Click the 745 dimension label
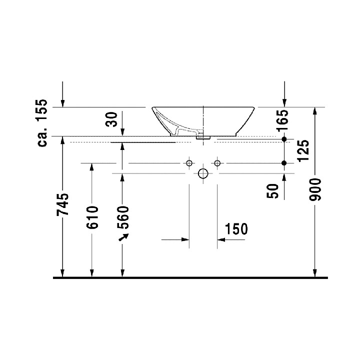tap(62, 205)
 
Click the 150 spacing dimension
tap(236, 229)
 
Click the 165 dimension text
tap(283, 121)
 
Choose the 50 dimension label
tap(273, 190)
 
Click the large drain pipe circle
tap(203, 173)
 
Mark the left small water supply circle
tap(189, 163)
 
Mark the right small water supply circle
tap(217, 163)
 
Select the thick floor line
tap(190, 277)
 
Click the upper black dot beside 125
tap(284, 138)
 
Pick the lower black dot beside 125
tap(284, 163)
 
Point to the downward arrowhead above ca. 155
tap(62, 103)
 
